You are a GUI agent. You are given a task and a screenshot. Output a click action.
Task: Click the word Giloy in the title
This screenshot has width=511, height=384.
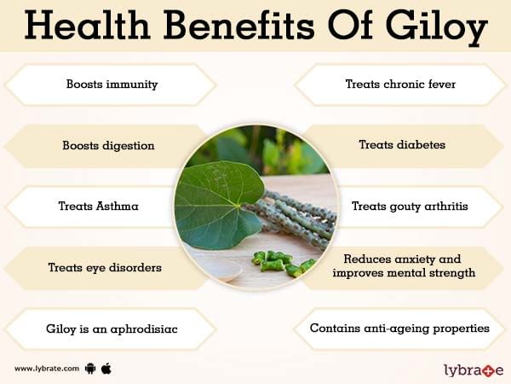click(x=436, y=26)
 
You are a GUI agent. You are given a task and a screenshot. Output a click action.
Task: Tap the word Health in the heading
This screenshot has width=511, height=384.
click(x=87, y=25)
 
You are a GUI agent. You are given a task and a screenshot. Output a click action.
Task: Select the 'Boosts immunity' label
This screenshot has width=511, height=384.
click(x=112, y=84)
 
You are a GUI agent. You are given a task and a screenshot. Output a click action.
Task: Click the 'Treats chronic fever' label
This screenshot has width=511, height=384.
click(x=400, y=84)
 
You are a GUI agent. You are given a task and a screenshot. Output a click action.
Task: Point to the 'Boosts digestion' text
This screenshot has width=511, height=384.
click(x=108, y=146)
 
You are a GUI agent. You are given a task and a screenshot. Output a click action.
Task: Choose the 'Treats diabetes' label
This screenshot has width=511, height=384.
click(x=402, y=145)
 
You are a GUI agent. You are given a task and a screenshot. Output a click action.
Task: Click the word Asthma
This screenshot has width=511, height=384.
click(x=117, y=206)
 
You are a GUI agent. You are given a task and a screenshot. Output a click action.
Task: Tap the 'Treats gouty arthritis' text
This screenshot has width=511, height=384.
click(x=410, y=207)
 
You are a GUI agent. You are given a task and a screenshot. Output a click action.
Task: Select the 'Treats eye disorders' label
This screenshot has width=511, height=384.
click(x=105, y=267)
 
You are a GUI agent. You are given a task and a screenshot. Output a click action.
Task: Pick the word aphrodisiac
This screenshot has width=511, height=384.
click(x=144, y=329)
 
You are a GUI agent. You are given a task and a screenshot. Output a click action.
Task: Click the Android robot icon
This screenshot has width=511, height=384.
click(x=90, y=369)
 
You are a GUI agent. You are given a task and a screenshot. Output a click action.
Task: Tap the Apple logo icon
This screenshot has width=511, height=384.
click(x=106, y=369)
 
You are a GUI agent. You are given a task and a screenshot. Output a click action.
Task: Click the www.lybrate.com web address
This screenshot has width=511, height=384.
click(x=47, y=369)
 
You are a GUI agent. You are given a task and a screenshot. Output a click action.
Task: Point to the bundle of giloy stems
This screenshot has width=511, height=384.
click(x=293, y=217)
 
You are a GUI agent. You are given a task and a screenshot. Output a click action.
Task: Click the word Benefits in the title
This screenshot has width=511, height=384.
click(x=239, y=25)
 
